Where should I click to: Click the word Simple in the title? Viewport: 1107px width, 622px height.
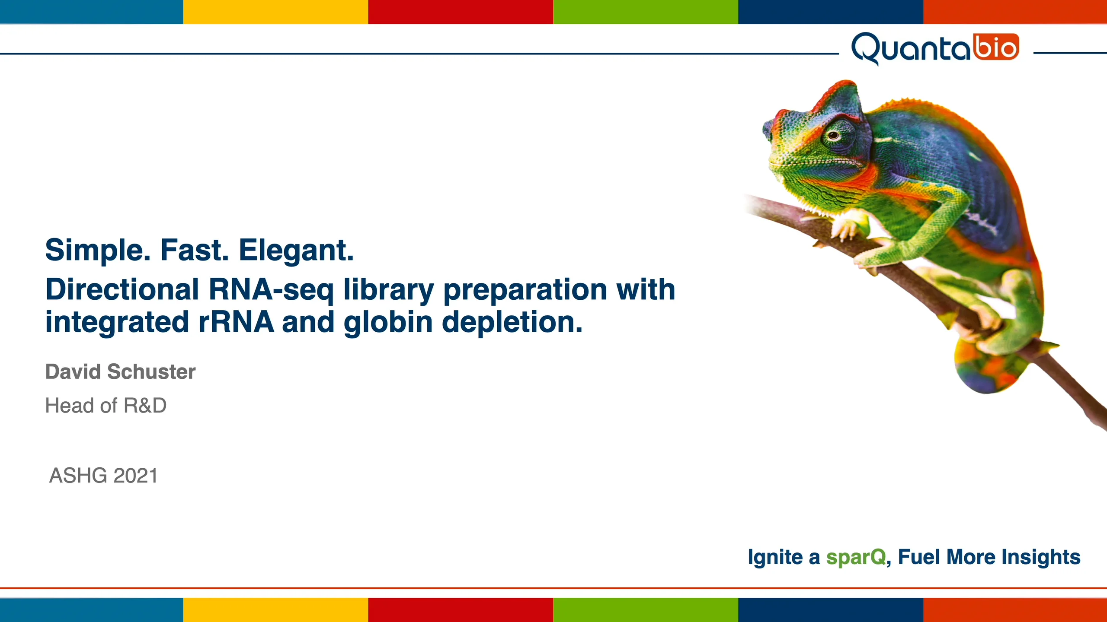click(98, 250)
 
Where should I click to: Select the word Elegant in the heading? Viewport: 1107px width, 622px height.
click(296, 250)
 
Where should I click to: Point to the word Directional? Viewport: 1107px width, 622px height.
click(122, 289)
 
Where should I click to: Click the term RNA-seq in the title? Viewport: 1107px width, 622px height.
click(271, 289)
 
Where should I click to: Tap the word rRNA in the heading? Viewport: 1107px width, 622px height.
click(236, 322)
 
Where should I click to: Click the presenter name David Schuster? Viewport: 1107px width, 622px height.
click(120, 372)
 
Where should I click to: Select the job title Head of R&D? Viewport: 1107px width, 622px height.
click(106, 406)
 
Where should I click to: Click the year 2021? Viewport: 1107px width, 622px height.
click(135, 476)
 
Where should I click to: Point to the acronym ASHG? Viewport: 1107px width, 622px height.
click(78, 476)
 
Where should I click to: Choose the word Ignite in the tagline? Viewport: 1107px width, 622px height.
click(775, 557)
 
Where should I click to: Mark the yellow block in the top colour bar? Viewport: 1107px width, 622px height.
click(275, 12)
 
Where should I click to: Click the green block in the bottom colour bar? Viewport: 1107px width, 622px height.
click(646, 610)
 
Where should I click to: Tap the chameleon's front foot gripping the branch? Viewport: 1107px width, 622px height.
click(848, 229)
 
